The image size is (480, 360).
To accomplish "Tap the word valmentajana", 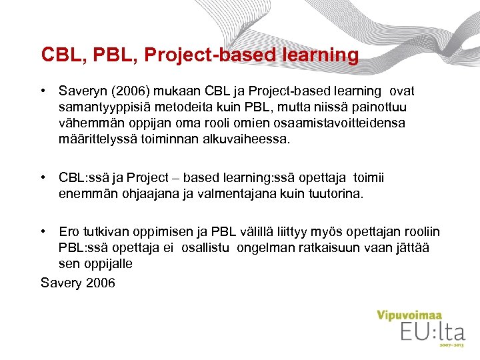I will click(248, 193).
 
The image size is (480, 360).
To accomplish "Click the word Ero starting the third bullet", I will click(69, 232).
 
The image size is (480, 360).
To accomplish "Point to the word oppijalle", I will click(107, 264).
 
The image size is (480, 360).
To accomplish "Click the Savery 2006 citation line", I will click(78, 283).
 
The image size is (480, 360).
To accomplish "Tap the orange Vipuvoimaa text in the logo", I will click(410, 315).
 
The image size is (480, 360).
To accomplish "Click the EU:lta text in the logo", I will click(432, 331).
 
